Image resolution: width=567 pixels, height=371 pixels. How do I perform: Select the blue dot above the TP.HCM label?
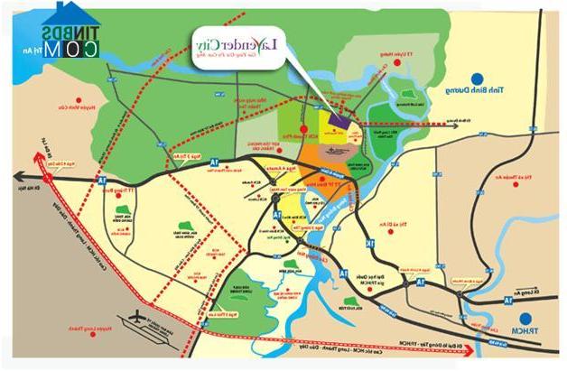point(526,320)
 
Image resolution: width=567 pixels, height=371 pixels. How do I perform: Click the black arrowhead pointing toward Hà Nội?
point(17,174)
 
